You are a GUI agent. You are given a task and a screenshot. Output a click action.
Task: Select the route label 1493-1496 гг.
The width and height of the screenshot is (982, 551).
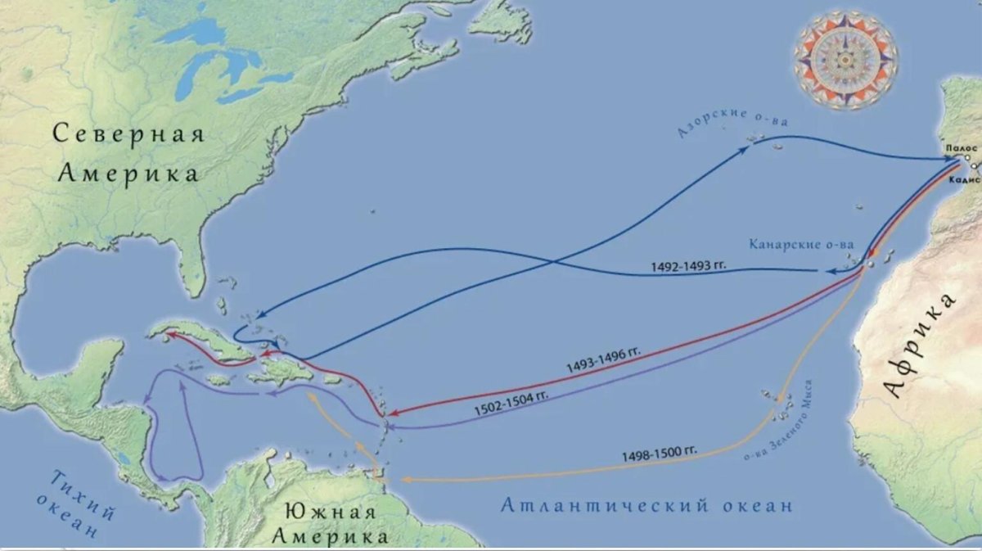pyautogui.click(x=603, y=361)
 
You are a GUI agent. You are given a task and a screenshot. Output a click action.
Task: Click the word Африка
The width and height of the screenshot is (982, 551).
pyautogui.click(x=921, y=345)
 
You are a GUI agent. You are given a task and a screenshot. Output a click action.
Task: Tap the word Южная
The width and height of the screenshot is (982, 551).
pyautogui.click(x=329, y=513)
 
